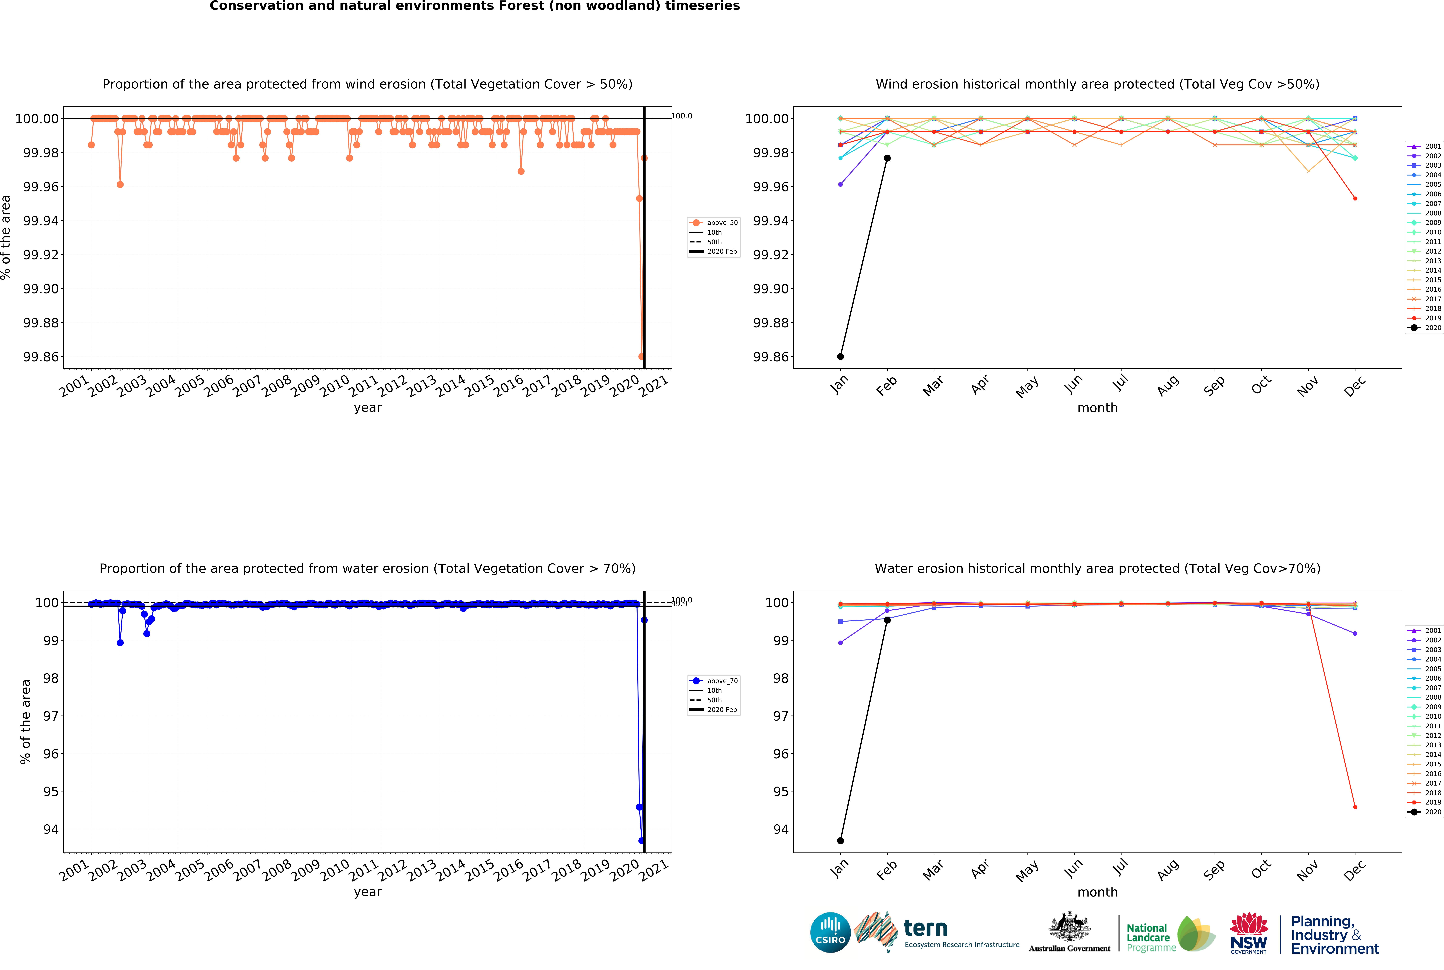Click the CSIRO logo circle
(830, 932)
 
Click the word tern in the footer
(925, 928)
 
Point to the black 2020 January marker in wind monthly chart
(840, 356)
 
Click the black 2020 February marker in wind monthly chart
(887, 158)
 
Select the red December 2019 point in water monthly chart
(1355, 807)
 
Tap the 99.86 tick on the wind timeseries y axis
(41, 357)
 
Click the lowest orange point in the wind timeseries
(641, 356)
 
